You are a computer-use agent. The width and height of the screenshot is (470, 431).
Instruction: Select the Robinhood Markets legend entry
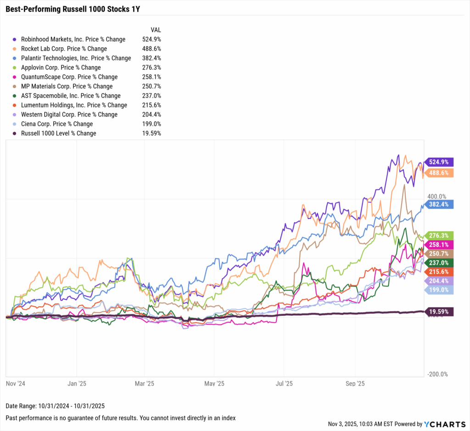(x=73, y=39)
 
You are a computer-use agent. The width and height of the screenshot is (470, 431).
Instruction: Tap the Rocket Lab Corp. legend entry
(x=64, y=49)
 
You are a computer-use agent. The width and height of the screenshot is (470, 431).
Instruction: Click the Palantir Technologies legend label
(x=76, y=58)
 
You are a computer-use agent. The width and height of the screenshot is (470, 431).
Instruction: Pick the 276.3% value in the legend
(x=151, y=67)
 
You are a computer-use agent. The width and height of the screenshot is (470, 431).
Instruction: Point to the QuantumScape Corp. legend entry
(x=69, y=77)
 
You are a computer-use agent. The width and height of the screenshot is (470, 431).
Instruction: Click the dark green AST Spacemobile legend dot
(x=16, y=96)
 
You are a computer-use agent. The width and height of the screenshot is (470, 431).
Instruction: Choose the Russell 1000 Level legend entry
(x=58, y=134)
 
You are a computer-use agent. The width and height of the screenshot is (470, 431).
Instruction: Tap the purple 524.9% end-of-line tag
(x=439, y=162)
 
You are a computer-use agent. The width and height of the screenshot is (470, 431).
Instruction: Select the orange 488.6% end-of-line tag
(x=439, y=173)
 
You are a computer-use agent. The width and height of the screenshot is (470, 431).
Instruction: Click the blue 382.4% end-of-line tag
(x=439, y=204)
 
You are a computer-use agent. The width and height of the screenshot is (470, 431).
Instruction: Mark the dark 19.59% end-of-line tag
(x=439, y=312)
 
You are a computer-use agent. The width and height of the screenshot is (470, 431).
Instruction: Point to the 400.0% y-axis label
(x=436, y=196)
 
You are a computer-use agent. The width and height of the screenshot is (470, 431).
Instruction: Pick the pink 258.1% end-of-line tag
(x=439, y=245)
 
